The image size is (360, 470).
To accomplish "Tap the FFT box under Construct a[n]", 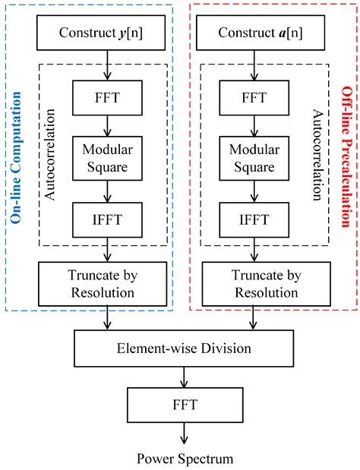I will coord(251,96).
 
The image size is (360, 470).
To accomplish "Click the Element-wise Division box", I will coord(181,350).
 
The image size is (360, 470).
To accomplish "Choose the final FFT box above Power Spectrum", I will coord(181,406).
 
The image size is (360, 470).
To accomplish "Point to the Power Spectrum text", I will coord(181,458).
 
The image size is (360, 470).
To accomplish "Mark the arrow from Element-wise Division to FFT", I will coord(181,378).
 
